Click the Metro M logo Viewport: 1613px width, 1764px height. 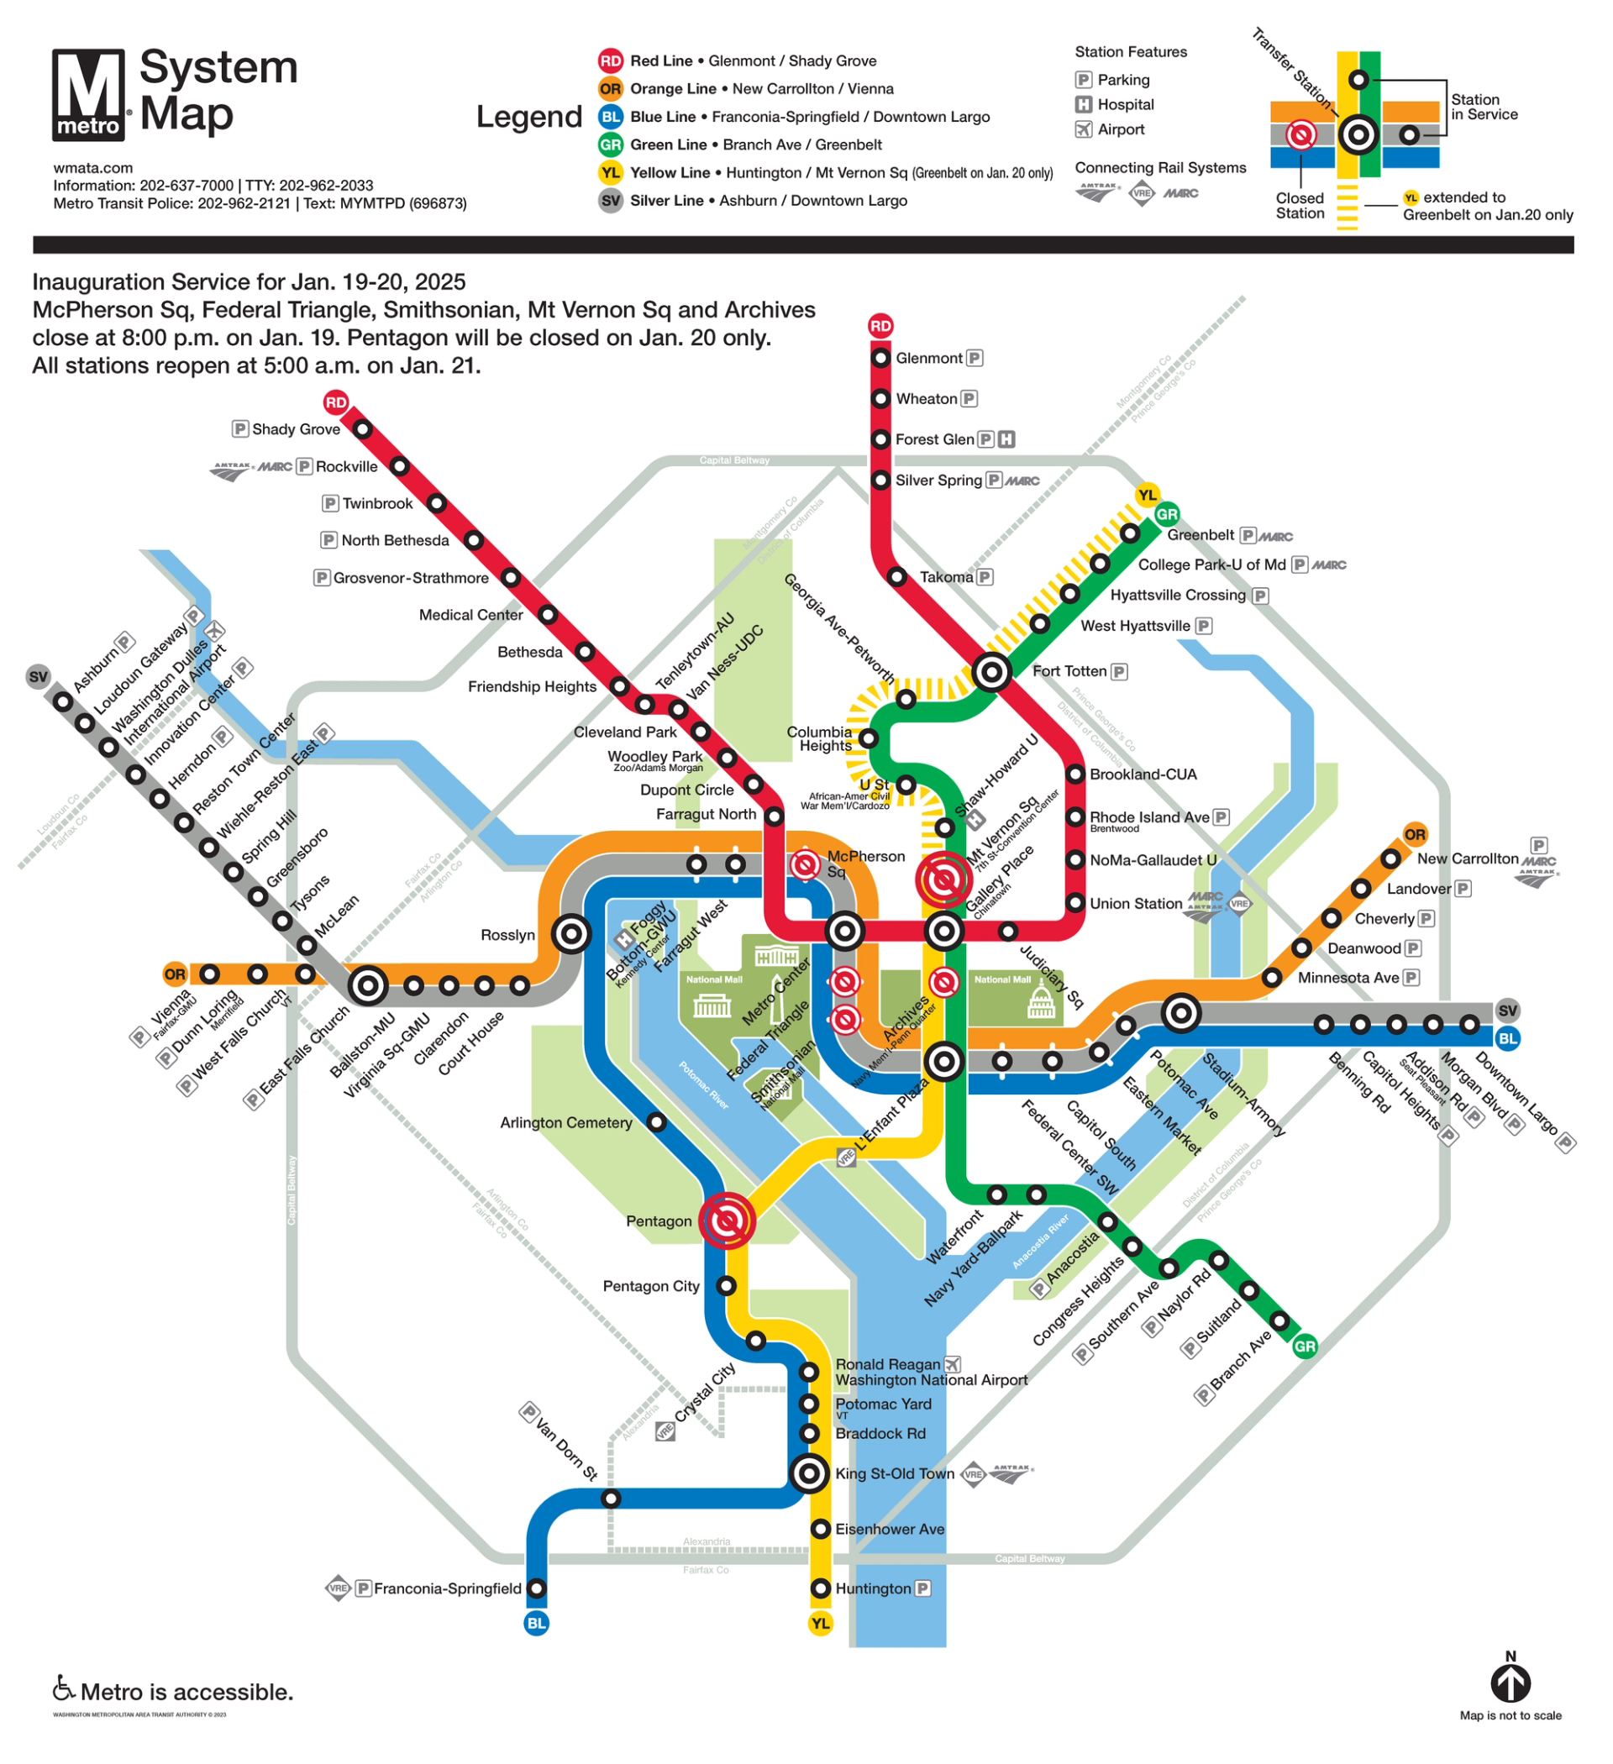[x=88, y=94]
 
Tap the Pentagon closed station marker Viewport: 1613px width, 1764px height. [x=727, y=1220]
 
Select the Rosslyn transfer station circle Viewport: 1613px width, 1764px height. [x=571, y=933]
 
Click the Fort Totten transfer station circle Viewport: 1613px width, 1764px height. [x=991, y=672]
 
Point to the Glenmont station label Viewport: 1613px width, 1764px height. [x=928, y=358]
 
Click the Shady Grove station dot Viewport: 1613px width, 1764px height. [x=362, y=428]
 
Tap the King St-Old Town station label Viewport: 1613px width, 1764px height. [x=895, y=1473]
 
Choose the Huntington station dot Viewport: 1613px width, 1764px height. [x=820, y=1588]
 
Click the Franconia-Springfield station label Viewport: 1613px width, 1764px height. [x=447, y=1588]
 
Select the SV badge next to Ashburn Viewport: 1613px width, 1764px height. [x=39, y=676]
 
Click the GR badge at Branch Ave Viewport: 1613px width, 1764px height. [x=1304, y=1346]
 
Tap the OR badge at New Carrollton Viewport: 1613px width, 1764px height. [x=1415, y=834]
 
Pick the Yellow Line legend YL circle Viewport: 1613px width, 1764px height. [x=610, y=172]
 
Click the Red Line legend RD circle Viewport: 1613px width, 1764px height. [x=610, y=60]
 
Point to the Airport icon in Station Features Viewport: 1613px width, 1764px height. [x=1084, y=129]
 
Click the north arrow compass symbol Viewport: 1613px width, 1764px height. [x=1511, y=1683]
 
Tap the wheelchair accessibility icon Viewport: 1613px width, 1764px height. [x=63, y=1687]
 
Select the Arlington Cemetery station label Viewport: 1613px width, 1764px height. [x=565, y=1122]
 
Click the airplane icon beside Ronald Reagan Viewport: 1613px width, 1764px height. [x=952, y=1364]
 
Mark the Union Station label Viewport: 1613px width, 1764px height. [x=1135, y=903]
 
